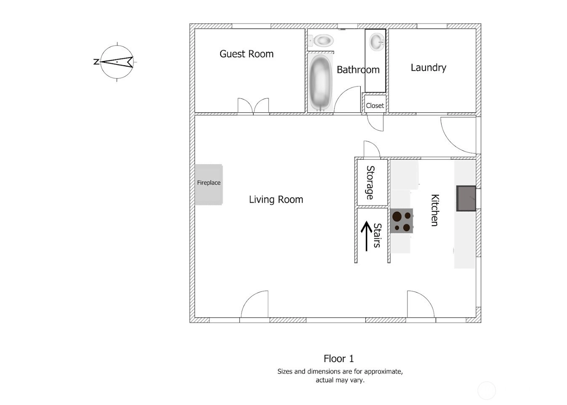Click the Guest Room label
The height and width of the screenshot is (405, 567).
pos(247,54)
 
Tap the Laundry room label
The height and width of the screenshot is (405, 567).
pos(428,68)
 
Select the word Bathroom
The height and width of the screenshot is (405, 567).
pos(358,69)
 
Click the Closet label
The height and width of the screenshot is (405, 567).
pos(375,106)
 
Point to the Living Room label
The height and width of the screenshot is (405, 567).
pos(276,200)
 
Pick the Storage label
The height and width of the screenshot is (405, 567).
pos(370,183)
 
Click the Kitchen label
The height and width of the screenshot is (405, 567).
pos(435,210)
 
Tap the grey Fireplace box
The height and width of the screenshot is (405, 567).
pos(209,184)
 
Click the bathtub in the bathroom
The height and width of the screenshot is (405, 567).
pos(321,83)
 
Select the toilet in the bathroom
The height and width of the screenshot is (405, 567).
pos(321,40)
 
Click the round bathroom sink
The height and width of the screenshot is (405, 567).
pos(377,42)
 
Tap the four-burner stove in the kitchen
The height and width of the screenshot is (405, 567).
pos(402,221)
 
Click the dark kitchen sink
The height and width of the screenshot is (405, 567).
pos(466,198)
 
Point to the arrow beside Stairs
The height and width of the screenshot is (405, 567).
pos(367,236)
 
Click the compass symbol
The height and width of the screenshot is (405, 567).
pos(117,62)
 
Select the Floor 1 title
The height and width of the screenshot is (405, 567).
pos(339,359)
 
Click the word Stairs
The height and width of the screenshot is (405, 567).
pos(377,235)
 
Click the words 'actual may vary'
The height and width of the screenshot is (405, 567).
pos(340,380)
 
